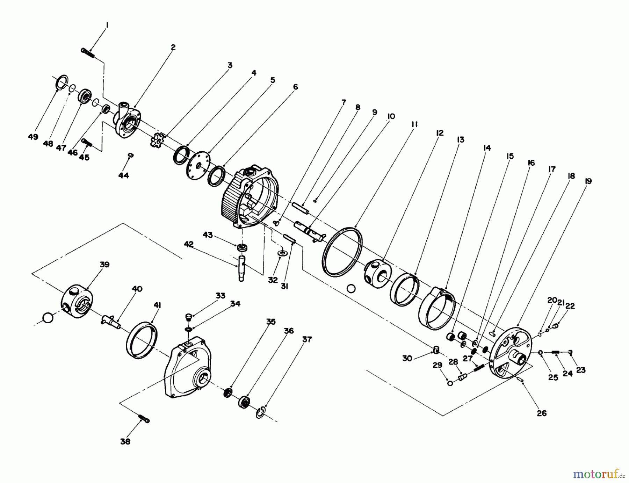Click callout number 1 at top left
(x=107, y=25)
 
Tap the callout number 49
(x=33, y=137)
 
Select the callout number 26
(x=541, y=413)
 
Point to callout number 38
(x=125, y=441)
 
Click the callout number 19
(x=588, y=181)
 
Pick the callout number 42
(x=189, y=245)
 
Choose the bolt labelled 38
(x=144, y=418)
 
